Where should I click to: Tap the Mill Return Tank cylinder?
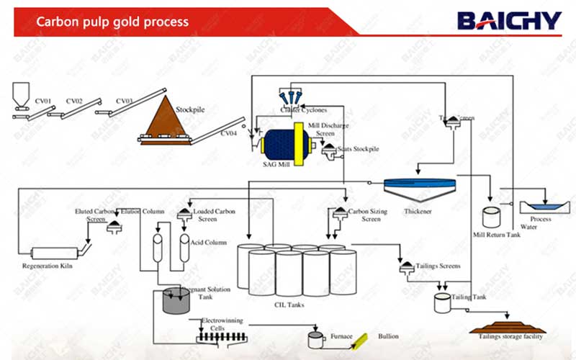pyautogui.click(x=492, y=218)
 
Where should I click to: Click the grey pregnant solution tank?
pyautogui.click(x=174, y=301)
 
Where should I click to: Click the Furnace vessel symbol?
pyautogui.click(x=315, y=339)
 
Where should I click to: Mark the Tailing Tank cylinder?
pyautogui.click(x=442, y=303)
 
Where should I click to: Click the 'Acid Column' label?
pyautogui.click(x=209, y=243)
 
